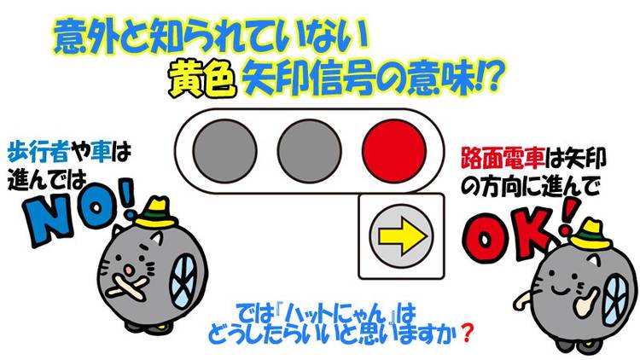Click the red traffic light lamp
point(394,151)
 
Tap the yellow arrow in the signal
point(403,236)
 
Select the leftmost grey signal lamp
point(224,151)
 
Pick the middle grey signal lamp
point(310,151)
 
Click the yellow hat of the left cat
point(155,212)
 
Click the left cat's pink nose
point(129,270)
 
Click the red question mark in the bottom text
point(467,334)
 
